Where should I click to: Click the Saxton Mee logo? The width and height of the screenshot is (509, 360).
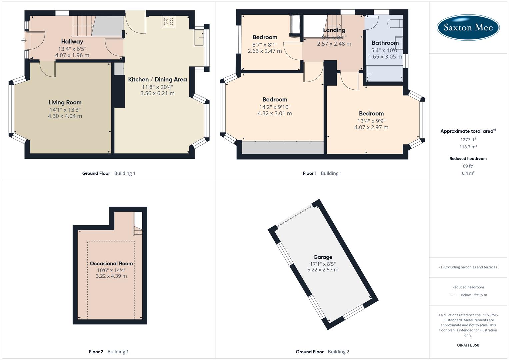[x=468, y=27]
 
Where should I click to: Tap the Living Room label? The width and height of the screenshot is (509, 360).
[x=65, y=102]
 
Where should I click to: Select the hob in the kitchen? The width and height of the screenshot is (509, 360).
[x=168, y=21]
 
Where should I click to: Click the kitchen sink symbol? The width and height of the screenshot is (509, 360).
[x=199, y=38]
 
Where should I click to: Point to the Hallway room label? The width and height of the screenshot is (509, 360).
[x=72, y=42]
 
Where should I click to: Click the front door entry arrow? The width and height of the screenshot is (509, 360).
[x=24, y=41]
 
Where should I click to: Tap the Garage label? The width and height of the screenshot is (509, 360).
[x=323, y=257]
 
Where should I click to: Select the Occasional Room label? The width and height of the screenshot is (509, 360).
[x=111, y=263]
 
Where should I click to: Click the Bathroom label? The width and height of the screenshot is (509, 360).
[x=385, y=43]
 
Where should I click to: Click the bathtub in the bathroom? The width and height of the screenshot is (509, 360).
[x=384, y=74]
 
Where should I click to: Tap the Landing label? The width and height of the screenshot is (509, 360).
[x=334, y=30]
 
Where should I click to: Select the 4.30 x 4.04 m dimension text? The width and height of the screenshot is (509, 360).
[x=65, y=116]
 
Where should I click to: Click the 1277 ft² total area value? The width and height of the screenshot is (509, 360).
[x=468, y=140]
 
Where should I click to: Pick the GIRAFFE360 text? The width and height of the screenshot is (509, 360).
[x=468, y=345]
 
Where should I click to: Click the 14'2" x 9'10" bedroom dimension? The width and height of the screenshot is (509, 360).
[x=275, y=107]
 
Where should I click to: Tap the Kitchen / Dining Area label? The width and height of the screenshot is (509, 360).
[x=157, y=79]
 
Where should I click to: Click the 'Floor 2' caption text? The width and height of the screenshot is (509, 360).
[x=96, y=352]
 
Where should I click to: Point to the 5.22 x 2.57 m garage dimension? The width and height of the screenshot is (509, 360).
[x=323, y=270]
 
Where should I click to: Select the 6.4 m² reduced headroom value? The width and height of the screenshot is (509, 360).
[x=468, y=173]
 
